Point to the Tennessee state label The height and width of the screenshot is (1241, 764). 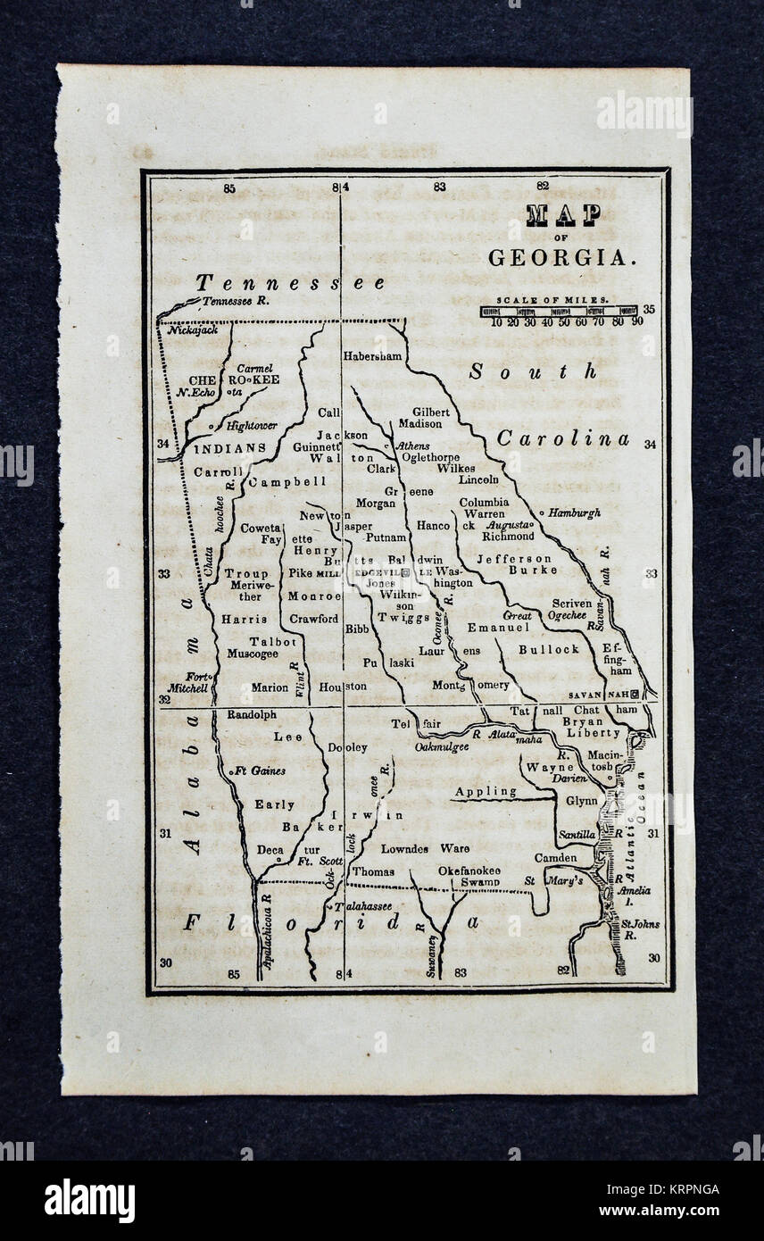click(x=291, y=283)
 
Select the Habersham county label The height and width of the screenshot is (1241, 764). click(x=372, y=356)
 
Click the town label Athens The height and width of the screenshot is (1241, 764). click(x=412, y=446)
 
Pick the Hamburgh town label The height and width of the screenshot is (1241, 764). click(x=575, y=513)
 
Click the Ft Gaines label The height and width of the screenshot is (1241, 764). click(x=260, y=770)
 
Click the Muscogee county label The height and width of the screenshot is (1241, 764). click(x=251, y=654)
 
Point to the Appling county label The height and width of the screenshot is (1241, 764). click(x=486, y=791)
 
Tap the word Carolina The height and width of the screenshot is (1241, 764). click(x=562, y=438)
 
